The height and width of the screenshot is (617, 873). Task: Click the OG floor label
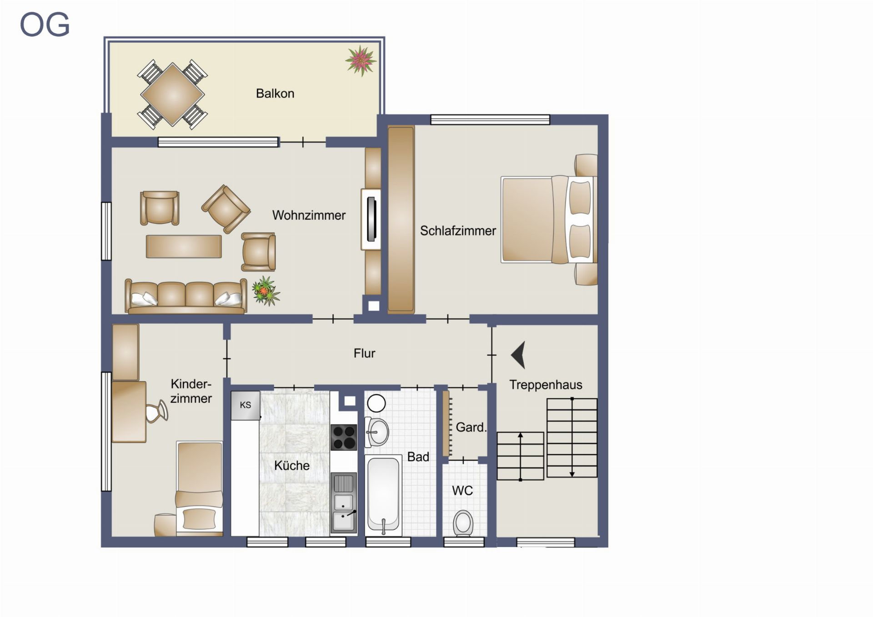45,25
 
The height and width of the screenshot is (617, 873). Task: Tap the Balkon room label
275,94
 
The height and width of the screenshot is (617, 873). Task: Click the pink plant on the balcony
361,60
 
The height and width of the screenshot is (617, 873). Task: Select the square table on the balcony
172,95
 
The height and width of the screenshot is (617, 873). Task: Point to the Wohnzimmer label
309,215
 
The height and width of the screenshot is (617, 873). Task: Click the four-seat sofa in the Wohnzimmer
186,296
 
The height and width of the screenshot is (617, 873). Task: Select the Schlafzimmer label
458,231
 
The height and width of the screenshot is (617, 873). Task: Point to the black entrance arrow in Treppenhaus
518,355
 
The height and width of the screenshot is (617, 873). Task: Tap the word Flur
364,353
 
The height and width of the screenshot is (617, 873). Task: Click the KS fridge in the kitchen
246,405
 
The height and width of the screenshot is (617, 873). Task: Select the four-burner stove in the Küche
344,437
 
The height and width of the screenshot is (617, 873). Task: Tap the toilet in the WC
463,523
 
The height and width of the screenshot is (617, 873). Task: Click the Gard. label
471,427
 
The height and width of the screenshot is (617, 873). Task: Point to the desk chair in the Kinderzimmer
157,411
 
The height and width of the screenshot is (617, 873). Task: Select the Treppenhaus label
546,385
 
